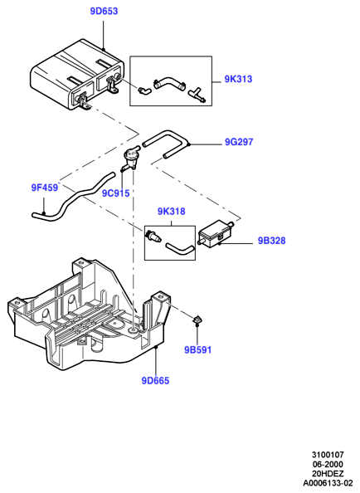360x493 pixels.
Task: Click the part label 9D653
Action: (104, 12)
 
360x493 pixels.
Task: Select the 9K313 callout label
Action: (238, 79)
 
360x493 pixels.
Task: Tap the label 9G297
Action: (239, 142)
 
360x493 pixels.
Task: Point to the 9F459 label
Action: (45, 188)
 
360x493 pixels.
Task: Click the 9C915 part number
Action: (115, 193)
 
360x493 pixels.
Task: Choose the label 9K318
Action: (171, 212)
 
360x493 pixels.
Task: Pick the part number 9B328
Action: (272, 241)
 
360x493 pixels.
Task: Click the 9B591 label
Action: (198, 349)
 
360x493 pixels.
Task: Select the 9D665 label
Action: (155, 381)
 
